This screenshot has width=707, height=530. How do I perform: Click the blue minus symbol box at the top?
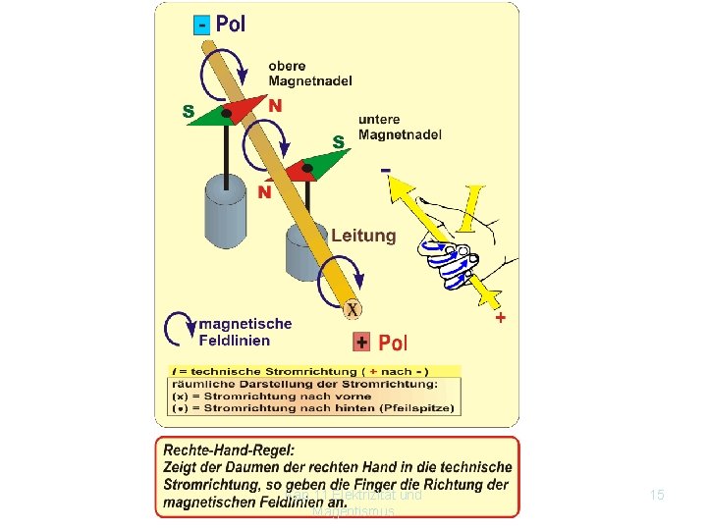click(201, 25)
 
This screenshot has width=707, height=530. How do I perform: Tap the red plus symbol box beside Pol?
click(362, 343)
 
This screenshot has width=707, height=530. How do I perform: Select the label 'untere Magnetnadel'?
click(400, 127)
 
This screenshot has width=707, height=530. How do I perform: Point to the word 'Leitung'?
click(363, 236)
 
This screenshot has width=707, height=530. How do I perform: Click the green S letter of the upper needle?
click(189, 111)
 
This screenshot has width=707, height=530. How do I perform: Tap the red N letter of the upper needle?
click(275, 105)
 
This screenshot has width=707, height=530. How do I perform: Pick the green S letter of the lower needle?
click(338, 142)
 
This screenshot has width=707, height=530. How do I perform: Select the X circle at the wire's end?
click(351, 309)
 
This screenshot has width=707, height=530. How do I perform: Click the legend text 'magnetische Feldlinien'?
click(245, 332)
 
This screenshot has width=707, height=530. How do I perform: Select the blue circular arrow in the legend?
click(180, 331)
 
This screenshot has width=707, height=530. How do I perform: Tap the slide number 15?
click(657, 496)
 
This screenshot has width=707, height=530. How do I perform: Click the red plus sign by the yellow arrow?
click(501, 318)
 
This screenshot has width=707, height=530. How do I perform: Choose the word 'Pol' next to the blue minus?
click(231, 25)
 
